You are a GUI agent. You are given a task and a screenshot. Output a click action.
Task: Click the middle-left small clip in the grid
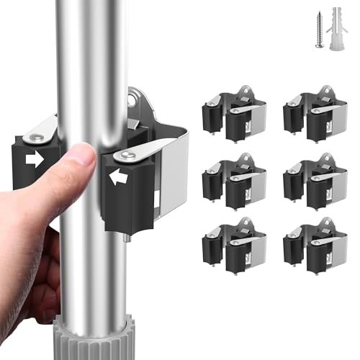234,180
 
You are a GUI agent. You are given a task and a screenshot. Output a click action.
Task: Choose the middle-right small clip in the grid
315,180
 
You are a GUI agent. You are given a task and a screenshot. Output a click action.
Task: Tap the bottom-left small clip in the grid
234,245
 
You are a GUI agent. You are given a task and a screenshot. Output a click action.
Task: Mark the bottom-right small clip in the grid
315,245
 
